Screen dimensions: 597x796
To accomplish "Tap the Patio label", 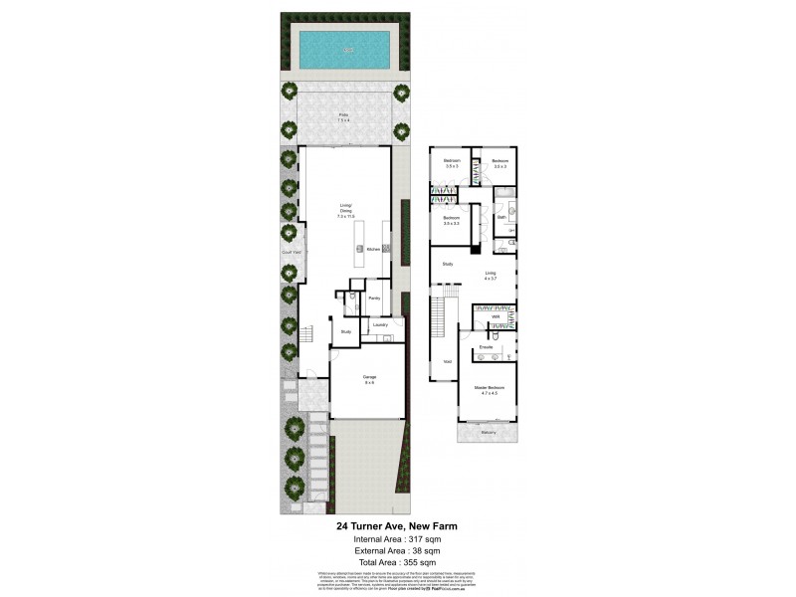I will point(343,117).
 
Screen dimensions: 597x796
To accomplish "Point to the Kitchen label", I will point(373,249).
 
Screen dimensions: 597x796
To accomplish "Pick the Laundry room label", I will point(379,324).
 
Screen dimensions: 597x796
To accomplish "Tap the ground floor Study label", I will point(345,331).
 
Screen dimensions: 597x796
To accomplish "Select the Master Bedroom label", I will point(489,388).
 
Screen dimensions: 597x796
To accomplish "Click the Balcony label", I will point(488,432).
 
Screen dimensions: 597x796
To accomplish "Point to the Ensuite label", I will point(487,346).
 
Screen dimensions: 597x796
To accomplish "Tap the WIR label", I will point(495,317).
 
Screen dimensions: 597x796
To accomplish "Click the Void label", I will point(447,361).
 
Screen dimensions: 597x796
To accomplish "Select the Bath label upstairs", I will point(501,216).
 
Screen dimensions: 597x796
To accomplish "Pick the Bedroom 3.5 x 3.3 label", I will point(452,219).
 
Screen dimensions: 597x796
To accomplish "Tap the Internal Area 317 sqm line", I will point(396,538).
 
